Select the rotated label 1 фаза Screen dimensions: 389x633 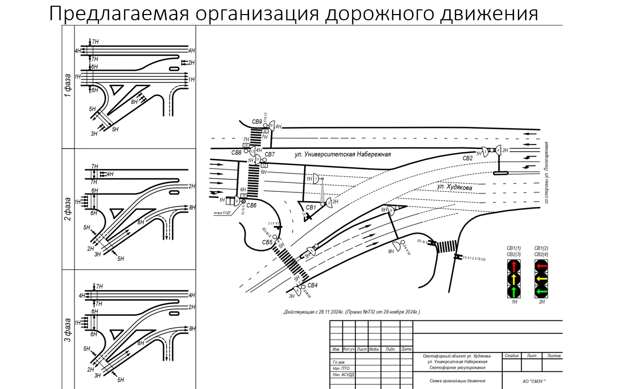[x=68, y=85]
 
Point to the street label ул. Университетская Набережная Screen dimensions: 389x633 [x=342, y=154]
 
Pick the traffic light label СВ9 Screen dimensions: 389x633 [x=257, y=122]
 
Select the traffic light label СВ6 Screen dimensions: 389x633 [x=251, y=205]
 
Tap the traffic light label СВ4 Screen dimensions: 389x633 [x=313, y=285]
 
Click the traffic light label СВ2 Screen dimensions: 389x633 [x=467, y=158]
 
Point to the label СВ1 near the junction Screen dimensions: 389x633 [x=311, y=208]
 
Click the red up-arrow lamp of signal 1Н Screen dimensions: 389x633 [x=514, y=267]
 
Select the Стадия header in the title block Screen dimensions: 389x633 [x=512, y=356]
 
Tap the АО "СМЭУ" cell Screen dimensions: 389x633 [x=531, y=382]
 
